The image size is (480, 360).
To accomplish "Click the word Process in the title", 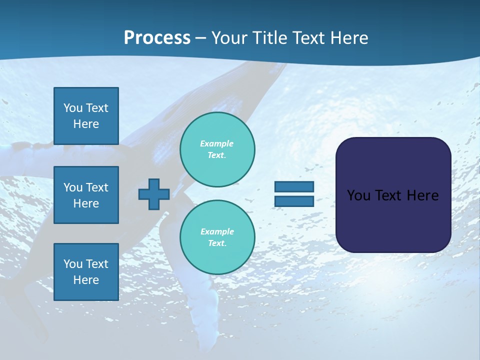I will [157, 38].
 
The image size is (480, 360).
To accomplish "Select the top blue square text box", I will [86, 116].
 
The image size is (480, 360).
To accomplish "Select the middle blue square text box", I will [86, 195].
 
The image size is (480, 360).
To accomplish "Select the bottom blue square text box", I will [86, 271].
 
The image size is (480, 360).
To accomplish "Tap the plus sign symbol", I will [154, 194].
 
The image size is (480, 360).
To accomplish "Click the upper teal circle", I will [217, 149].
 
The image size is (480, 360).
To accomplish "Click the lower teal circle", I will [217, 237].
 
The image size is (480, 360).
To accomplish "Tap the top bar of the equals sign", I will [294, 186].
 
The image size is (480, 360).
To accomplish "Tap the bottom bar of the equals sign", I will [294, 201].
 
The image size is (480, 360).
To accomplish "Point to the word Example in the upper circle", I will [217, 143].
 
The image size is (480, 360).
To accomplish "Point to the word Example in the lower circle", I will [217, 231].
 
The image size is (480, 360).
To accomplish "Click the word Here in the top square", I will [86, 124].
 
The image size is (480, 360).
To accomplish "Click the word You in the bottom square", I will [73, 263].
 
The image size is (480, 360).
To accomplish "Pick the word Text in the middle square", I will [96, 187].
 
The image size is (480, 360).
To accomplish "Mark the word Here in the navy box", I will [423, 195].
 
